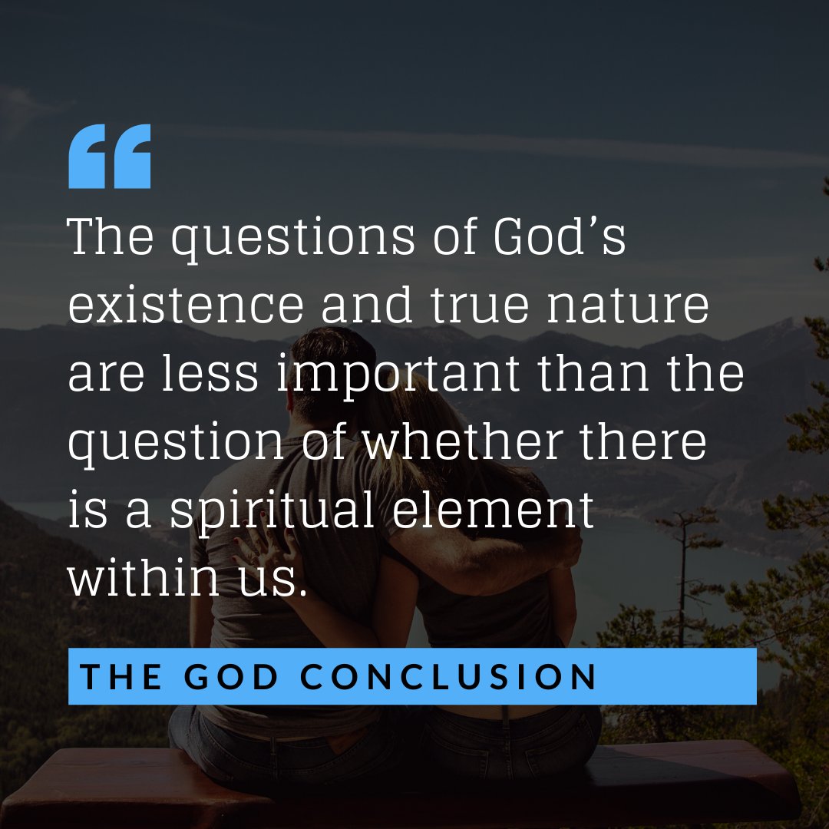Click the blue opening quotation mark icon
click(x=110, y=157)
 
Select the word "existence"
click(x=186, y=306)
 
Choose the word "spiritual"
click(x=272, y=513)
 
